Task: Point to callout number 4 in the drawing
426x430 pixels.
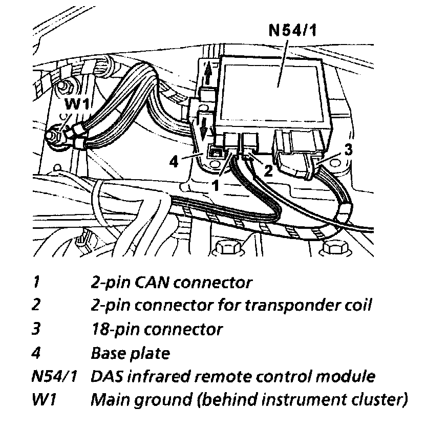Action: point(174,163)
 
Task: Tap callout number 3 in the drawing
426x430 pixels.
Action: point(348,150)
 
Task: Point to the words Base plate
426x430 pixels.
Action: point(130,353)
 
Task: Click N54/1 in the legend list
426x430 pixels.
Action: point(54,377)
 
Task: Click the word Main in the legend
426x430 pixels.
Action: point(108,400)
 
